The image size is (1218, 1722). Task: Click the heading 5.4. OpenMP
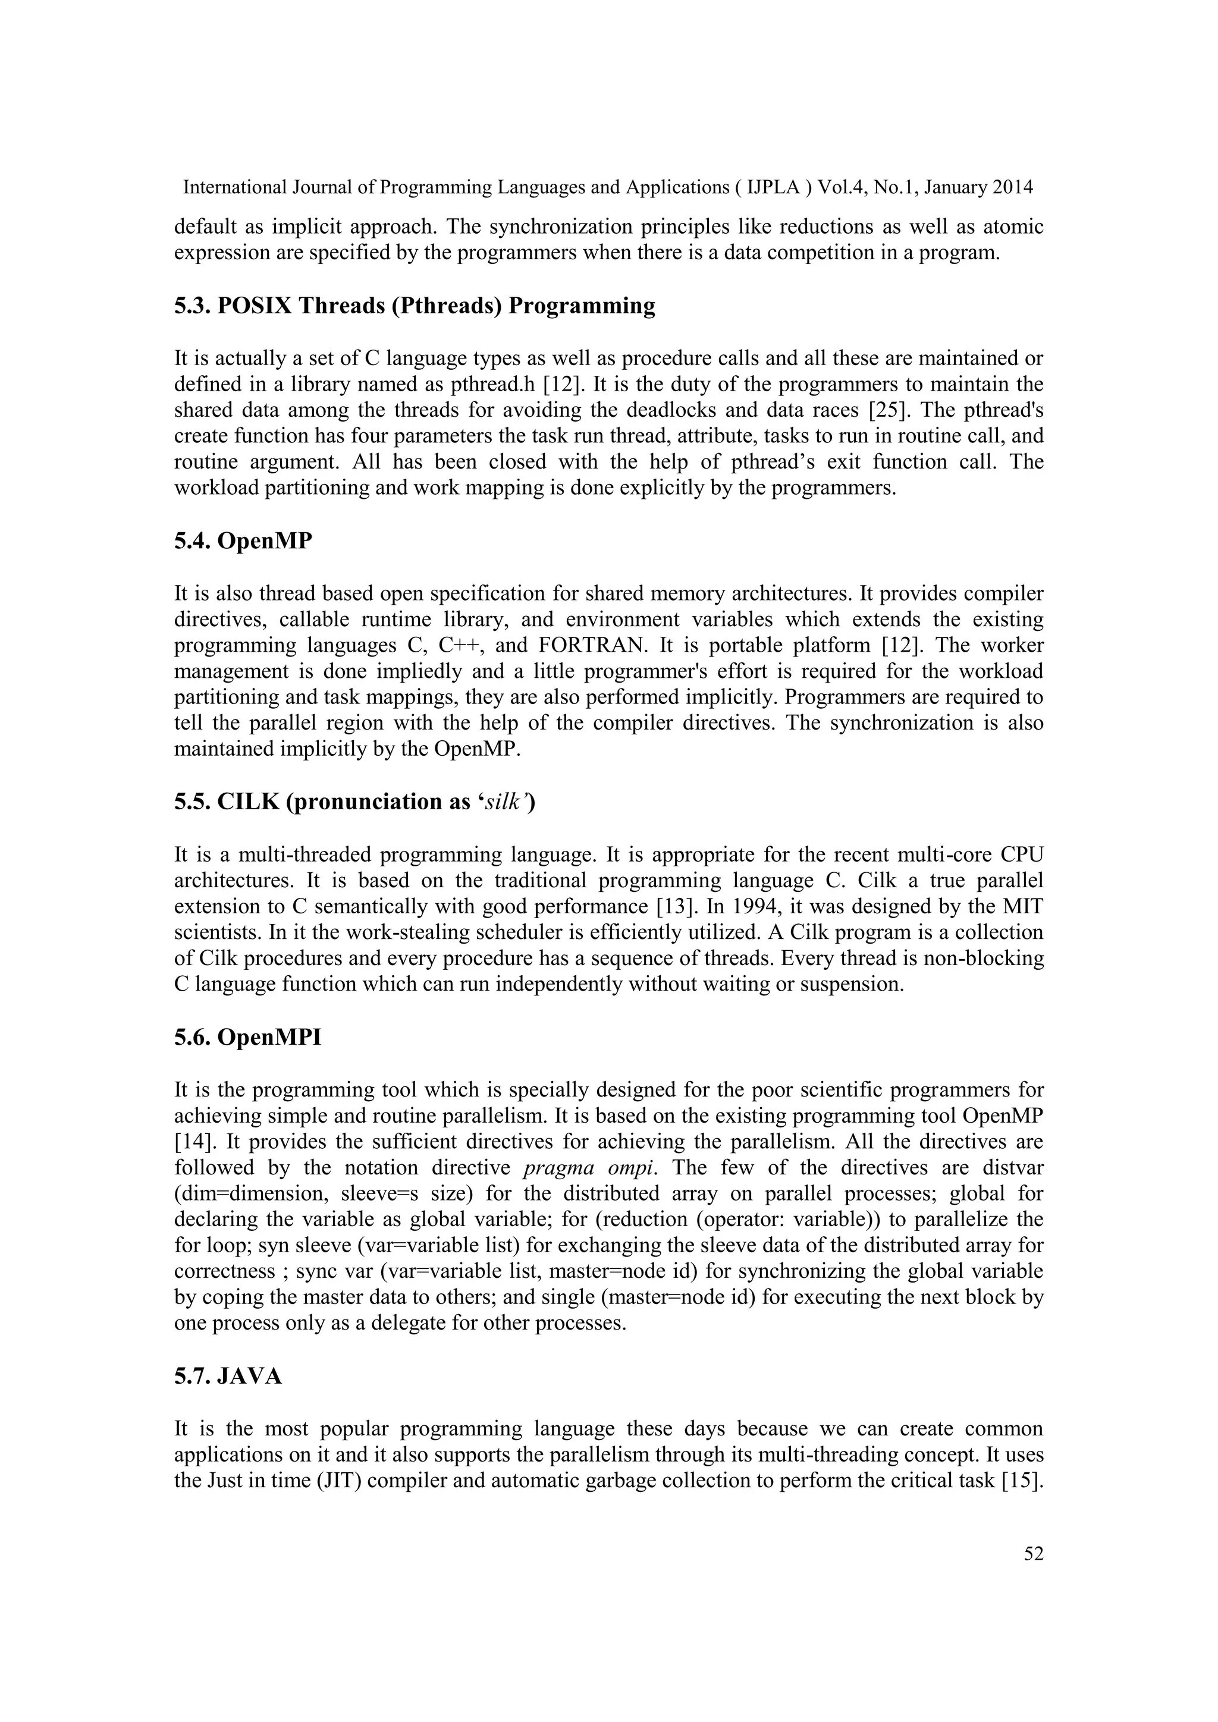coord(243,541)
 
